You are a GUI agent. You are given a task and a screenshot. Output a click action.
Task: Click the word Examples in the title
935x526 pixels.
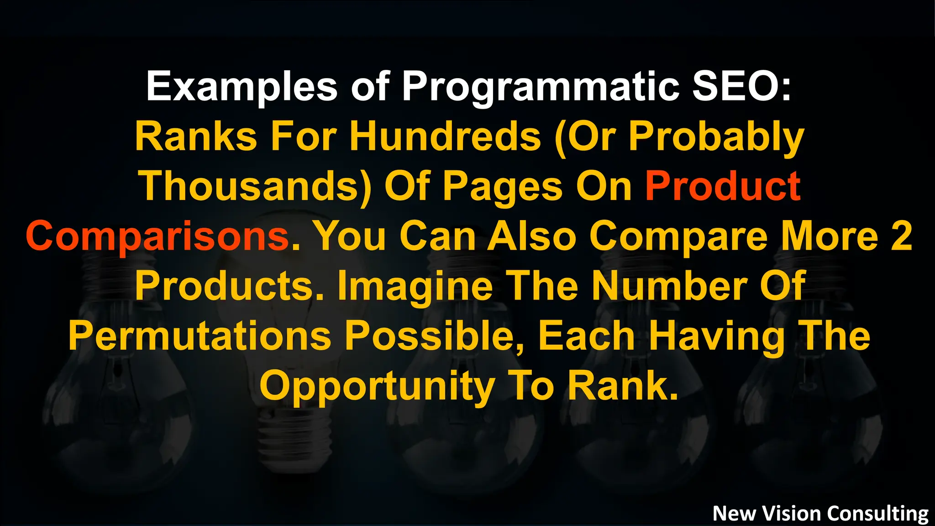242,87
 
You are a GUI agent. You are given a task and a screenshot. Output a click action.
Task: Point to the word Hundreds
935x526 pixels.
445,137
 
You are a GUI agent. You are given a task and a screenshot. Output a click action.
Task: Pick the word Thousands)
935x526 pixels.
256,187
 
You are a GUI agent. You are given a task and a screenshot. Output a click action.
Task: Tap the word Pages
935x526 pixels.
503,187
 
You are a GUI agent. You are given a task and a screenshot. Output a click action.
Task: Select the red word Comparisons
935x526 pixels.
158,237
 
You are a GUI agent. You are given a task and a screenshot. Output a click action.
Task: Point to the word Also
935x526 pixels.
532,237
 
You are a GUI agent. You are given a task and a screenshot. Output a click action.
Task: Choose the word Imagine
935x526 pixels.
415,286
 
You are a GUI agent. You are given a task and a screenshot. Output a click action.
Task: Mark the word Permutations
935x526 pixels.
200,336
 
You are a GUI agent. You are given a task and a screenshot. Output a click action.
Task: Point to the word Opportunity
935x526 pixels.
377,386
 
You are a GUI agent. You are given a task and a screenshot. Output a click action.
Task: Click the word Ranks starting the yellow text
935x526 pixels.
196,137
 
